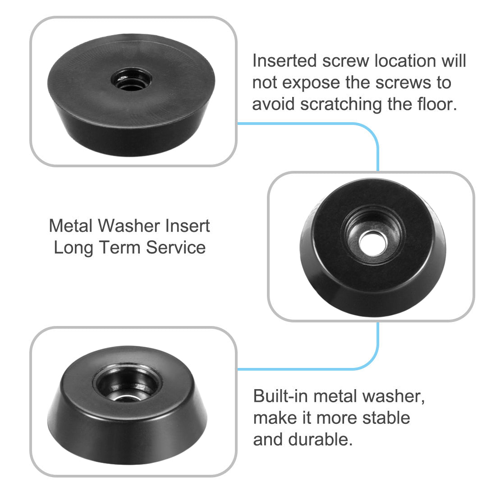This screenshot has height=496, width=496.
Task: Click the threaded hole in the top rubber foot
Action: click(x=132, y=79)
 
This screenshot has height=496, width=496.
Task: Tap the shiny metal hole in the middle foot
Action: click(x=371, y=241)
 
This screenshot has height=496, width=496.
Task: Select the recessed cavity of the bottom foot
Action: click(x=128, y=388)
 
